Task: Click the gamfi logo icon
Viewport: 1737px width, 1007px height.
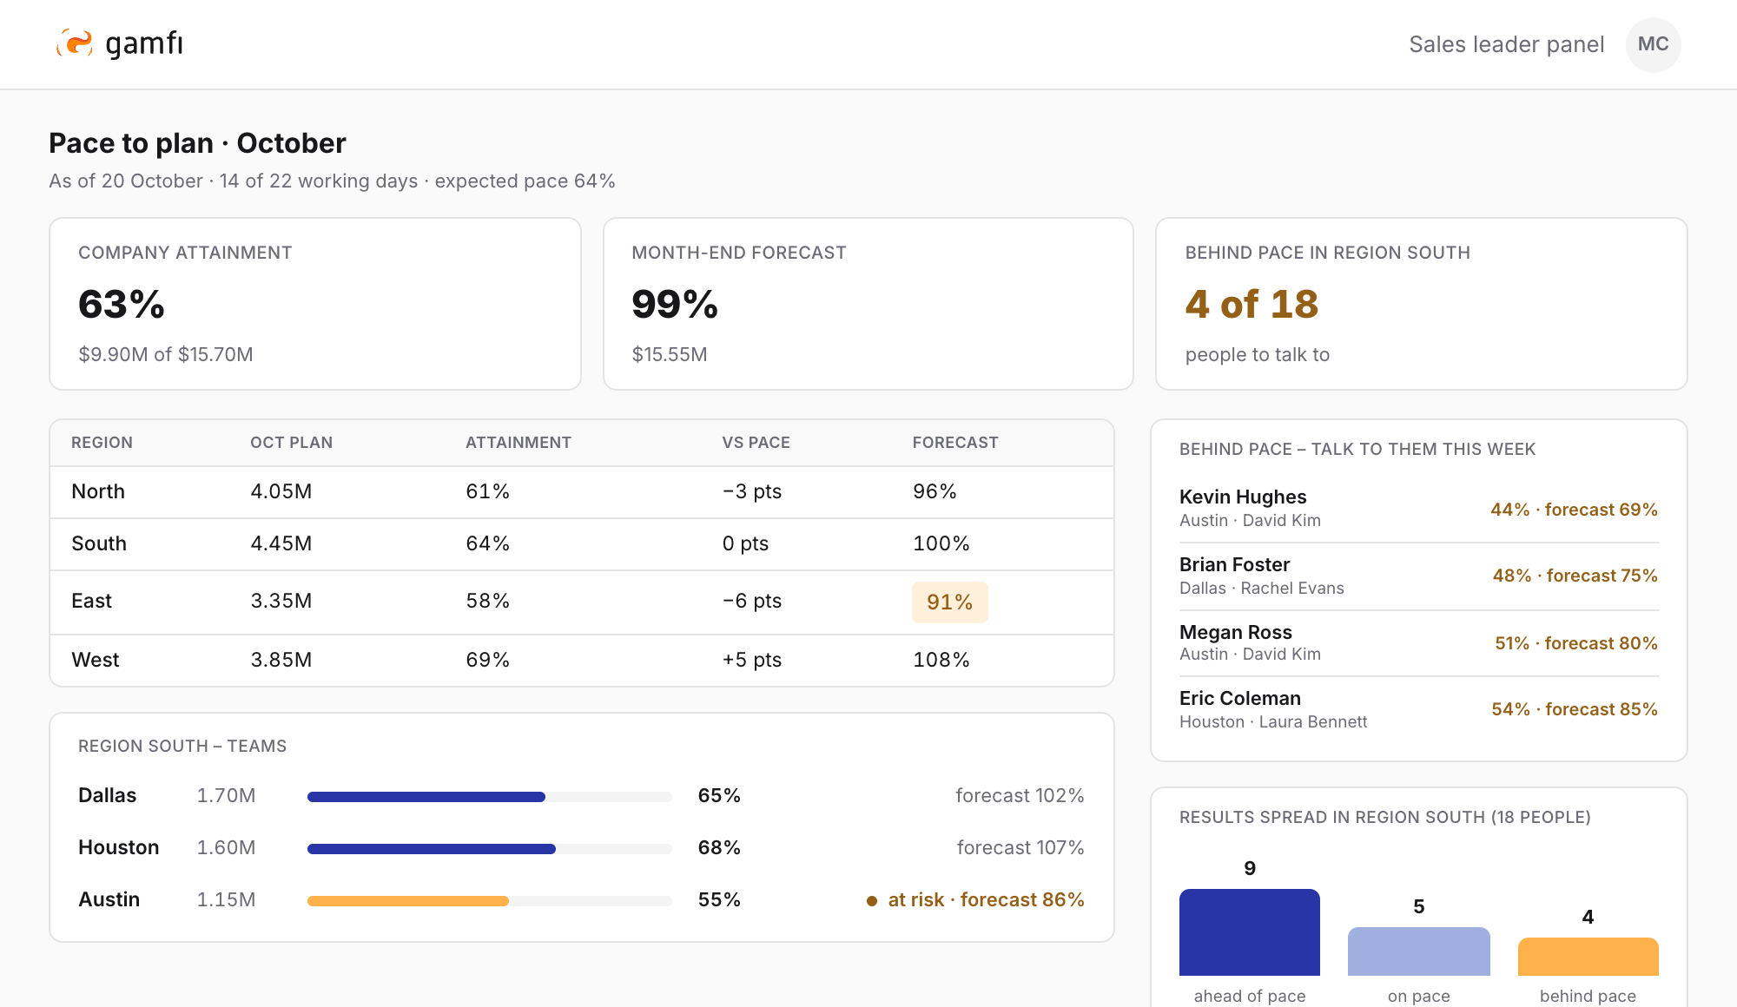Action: pos(75,43)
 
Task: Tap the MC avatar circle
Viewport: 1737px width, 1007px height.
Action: pos(1653,44)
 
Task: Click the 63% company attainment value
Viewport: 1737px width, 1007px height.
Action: pos(122,304)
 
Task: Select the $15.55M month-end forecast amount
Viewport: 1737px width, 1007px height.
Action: pos(670,354)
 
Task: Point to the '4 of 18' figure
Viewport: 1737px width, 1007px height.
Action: pos(1252,304)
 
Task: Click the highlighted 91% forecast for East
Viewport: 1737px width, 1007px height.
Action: pos(949,602)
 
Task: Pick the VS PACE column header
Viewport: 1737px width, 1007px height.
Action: pos(756,443)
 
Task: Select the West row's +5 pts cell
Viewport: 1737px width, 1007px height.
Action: pos(751,660)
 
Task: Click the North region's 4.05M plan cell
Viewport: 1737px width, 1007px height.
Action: pos(281,491)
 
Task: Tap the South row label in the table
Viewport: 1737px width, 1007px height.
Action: pos(99,543)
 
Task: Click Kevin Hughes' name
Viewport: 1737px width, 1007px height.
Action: pos(1243,497)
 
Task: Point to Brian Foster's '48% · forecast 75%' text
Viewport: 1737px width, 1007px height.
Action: pos(1575,576)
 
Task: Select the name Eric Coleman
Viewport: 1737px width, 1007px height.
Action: pos(1240,698)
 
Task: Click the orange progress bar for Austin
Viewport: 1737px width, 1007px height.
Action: pos(408,901)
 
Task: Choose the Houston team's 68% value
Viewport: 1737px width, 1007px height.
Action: pos(719,847)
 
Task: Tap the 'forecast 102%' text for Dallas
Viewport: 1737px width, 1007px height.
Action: pos(1020,795)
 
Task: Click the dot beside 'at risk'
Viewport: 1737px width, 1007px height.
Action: pos(872,901)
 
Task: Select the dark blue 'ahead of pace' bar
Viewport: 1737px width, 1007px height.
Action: pos(1250,932)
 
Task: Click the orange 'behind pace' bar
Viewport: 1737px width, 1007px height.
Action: pos(1588,957)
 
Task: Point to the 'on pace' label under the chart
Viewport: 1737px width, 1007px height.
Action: pos(1418,996)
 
